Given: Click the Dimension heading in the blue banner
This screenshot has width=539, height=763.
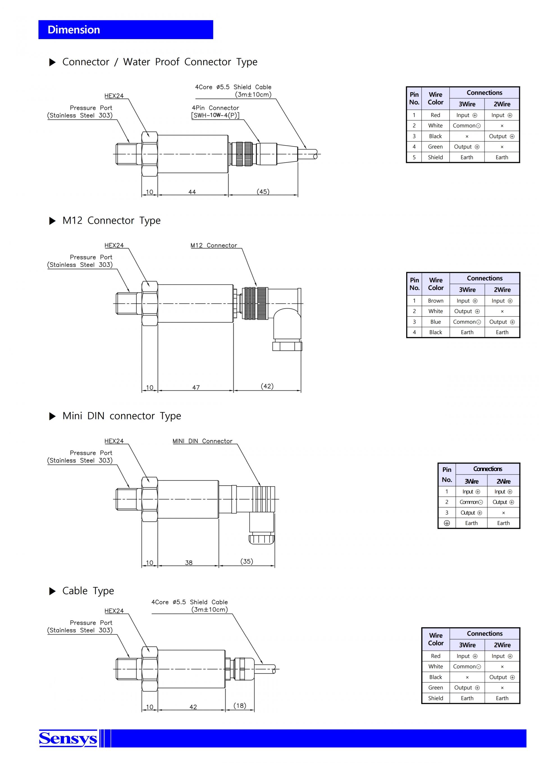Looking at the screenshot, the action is coord(74,30).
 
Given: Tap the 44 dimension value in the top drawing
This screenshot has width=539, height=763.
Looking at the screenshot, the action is coord(192,192).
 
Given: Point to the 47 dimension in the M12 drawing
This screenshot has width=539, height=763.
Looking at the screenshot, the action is coord(196,387).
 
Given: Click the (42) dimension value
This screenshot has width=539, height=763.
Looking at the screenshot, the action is coord(267,386).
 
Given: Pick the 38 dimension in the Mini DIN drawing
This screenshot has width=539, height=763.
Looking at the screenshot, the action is coord(189,563).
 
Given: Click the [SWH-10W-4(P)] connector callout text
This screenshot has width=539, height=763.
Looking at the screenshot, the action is coord(215,115).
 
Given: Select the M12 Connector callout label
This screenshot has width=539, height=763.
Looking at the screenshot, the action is coord(214,245).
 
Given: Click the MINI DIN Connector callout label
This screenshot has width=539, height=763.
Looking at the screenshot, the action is coord(202,441).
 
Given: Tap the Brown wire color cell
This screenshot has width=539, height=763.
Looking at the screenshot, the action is coord(435,301).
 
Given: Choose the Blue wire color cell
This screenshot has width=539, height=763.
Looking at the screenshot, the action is coord(435,322).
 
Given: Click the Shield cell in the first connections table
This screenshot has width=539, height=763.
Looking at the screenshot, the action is coord(435,157).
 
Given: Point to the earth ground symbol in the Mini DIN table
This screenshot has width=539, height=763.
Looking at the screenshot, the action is coord(447,523).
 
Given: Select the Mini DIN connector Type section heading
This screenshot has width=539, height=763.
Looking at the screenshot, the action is coord(122,416).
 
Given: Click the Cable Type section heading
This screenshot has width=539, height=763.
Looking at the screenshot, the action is coord(88,590).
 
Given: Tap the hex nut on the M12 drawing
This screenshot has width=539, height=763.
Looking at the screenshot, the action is coord(150,304).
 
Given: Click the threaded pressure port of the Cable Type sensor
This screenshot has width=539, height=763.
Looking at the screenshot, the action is coord(129,669).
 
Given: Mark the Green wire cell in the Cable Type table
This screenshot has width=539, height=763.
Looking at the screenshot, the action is coord(435,688).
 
